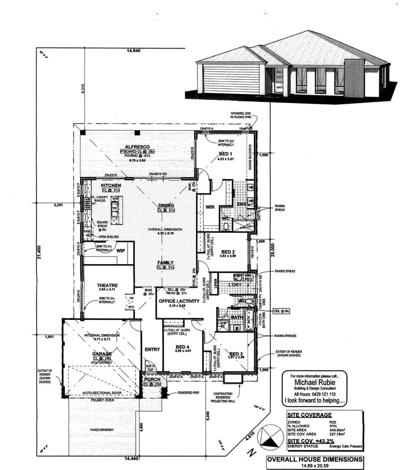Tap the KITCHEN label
tap(111, 185)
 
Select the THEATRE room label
tap(108, 286)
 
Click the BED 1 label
tap(226, 154)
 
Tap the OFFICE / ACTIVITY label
tap(178, 301)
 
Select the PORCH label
tap(152, 379)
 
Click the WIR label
tap(209, 207)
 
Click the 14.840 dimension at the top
tap(134, 51)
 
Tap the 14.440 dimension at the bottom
tap(132, 458)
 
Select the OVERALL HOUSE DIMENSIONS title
tap(315, 459)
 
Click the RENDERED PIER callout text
tap(191, 393)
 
